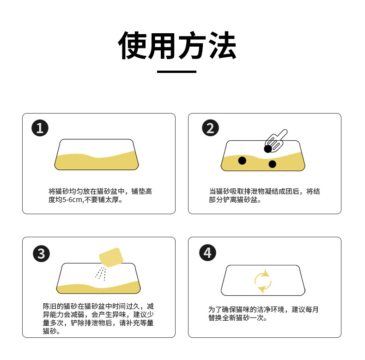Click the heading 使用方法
point(177,46)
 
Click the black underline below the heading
point(176,72)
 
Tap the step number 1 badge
point(40,128)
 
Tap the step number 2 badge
point(210,128)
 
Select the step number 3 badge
point(41,253)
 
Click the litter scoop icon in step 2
point(277,140)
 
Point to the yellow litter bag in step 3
point(111,257)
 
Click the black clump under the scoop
point(268,149)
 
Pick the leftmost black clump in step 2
point(242,160)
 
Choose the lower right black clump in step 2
point(272,164)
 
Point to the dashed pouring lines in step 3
point(101,273)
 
